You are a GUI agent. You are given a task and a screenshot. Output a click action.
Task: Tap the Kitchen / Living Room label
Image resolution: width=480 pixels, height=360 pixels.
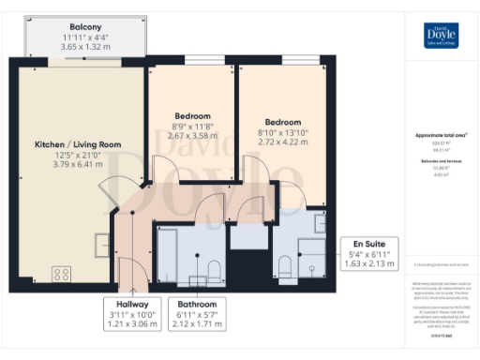[x=79, y=144]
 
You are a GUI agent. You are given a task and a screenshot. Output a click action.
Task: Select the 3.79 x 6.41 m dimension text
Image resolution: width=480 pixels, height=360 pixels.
[x=79, y=165]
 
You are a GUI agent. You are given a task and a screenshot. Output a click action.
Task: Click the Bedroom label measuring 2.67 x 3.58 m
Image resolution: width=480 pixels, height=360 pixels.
[x=191, y=116]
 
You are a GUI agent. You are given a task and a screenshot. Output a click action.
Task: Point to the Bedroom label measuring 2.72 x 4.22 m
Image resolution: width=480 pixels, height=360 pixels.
[x=281, y=123]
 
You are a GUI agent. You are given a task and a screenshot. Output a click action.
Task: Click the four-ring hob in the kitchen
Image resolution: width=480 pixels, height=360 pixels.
[x=63, y=275]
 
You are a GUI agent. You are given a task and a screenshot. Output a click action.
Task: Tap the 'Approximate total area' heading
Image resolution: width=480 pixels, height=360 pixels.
[x=435, y=136]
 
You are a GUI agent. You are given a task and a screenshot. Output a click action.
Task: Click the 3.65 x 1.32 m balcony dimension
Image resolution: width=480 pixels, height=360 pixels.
[x=85, y=46]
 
